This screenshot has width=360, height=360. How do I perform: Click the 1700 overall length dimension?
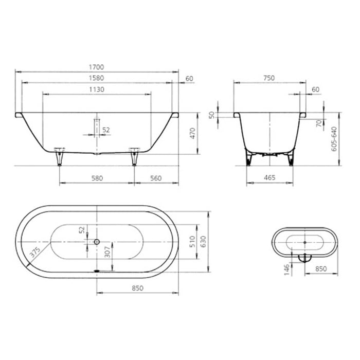97,67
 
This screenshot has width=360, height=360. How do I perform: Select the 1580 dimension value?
97,78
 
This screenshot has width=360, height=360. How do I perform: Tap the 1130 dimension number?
97,89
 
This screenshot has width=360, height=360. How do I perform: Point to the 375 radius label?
35,252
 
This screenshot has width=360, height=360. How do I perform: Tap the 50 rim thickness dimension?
211,114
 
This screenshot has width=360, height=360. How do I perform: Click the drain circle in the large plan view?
97,241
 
